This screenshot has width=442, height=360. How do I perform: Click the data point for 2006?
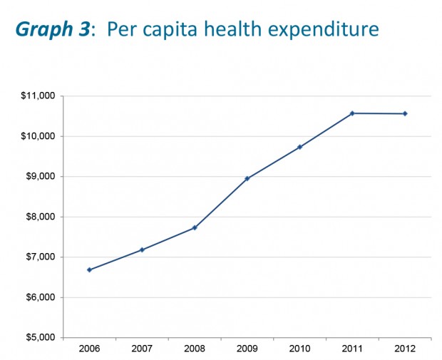tap(89, 269)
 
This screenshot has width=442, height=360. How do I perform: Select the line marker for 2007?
tap(142, 250)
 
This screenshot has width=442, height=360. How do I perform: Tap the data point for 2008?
tap(195, 227)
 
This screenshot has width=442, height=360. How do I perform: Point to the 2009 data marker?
tap(247, 178)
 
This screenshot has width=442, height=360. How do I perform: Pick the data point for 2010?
tap(299, 147)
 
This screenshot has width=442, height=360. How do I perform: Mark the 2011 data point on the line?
tap(352, 113)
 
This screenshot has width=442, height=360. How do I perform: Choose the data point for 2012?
tap(405, 113)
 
